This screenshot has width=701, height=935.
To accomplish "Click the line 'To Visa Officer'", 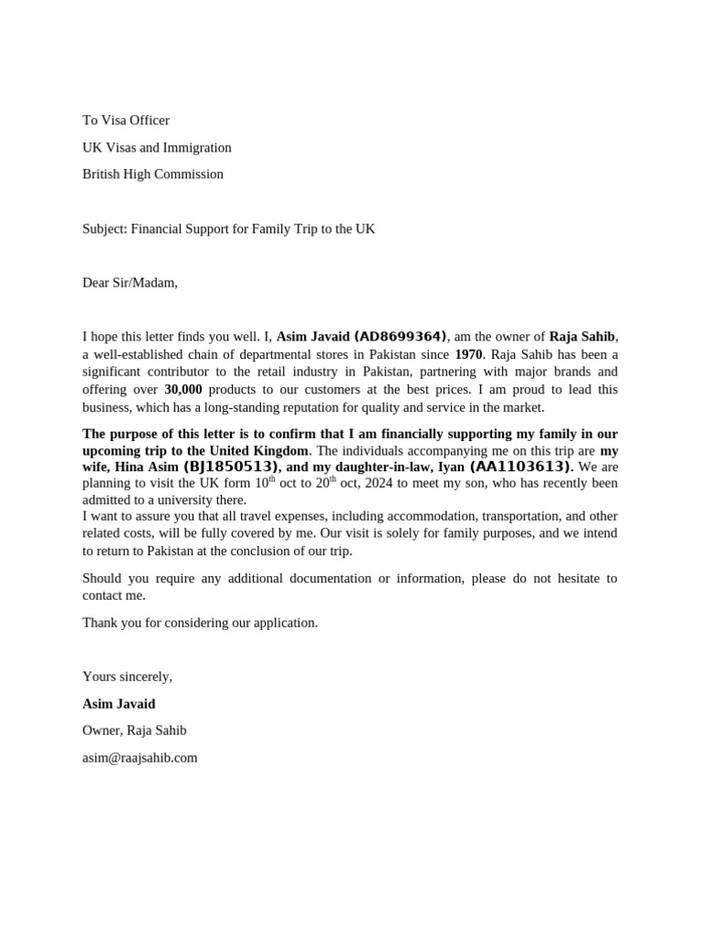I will point(125,121).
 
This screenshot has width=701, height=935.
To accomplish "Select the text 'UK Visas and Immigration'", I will point(156,147).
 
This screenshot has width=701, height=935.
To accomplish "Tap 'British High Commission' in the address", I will point(152,173).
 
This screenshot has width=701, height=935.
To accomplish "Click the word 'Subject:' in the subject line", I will point(104,228).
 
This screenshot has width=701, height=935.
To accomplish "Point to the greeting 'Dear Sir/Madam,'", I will point(130,282).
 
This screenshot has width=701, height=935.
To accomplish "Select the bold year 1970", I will point(468,354).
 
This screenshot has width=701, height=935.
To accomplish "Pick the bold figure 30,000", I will point(183,389).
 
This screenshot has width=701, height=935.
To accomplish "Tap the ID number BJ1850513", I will point(231,467).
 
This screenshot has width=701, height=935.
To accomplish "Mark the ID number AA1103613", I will point(520,467).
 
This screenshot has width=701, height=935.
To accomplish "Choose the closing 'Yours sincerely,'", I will point(127,677).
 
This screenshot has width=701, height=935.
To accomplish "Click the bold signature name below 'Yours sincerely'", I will point(119,704).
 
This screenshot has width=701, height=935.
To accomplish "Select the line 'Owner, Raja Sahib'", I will point(134,730).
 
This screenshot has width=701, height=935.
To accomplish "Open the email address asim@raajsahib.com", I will point(140,757).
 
